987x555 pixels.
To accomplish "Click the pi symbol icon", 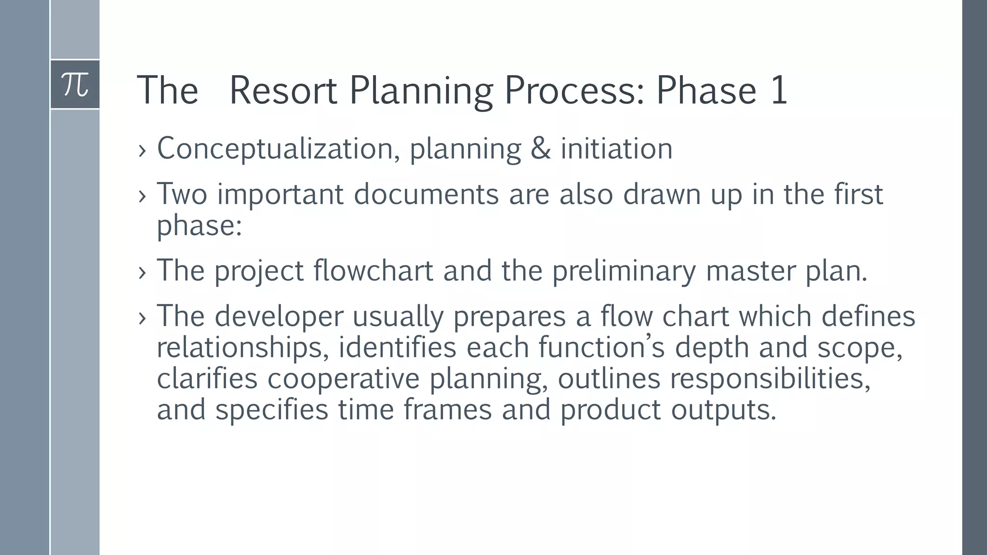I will (75, 84).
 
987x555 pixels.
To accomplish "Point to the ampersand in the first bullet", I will (540, 149).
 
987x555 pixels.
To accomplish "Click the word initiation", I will (616, 149).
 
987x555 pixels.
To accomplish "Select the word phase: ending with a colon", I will (199, 225).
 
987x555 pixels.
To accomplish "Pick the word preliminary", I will (624, 271).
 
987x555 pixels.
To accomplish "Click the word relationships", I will (242, 348).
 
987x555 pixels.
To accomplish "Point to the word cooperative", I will (344, 379).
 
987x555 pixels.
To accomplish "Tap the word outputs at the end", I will (723, 410).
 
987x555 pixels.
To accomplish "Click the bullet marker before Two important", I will (142, 196).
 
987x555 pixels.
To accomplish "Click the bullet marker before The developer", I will (142, 318).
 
